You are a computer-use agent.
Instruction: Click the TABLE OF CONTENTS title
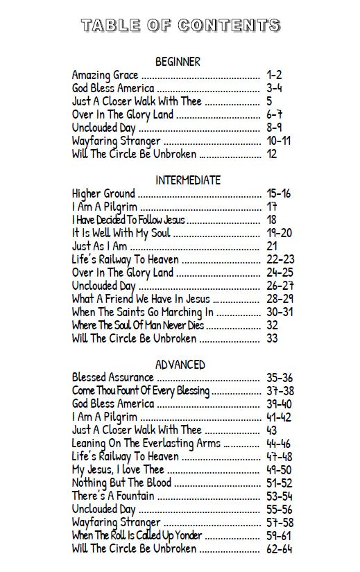pos(180,26)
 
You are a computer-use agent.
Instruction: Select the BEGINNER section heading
pos(178,62)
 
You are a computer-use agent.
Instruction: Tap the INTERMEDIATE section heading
pos(188,180)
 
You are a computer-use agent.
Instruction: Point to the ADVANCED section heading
pos(180,365)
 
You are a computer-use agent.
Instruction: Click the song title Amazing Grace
pos(105,75)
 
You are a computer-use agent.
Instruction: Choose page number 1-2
pos(274,75)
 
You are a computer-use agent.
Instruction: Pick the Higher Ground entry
pos(103,193)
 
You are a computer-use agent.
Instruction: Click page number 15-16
pos(279,193)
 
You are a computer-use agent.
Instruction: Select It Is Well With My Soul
pos(121,233)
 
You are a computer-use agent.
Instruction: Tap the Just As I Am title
pos(99,246)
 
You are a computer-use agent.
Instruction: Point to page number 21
pos(272,246)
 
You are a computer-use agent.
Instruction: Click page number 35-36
pos(279,378)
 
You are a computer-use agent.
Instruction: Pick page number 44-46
pos(279,444)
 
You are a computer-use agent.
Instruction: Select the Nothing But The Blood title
pos(121,483)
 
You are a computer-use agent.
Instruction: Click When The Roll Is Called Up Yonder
pos(137,536)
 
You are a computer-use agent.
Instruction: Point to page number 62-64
pos(279,549)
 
